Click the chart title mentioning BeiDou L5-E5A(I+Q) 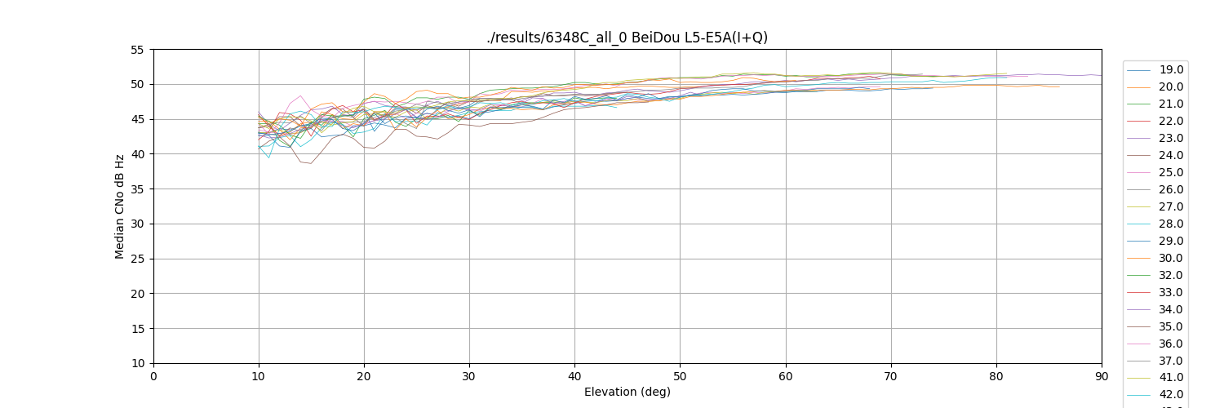(x=627, y=38)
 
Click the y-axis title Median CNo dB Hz (x=120, y=206)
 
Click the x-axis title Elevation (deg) (x=627, y=392)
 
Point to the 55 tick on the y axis (x=136, y=50)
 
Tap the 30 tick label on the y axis (x=136, y=224)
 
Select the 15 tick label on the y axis (x=136, y=329)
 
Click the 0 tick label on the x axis (x=153, y=376)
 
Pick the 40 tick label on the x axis (x=574, y=376)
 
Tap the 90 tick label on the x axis (x=1102, y=376)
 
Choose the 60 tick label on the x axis (x=786, y=376)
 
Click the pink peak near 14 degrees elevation (x=300, y=95)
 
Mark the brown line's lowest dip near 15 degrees (x=310, y=163)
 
